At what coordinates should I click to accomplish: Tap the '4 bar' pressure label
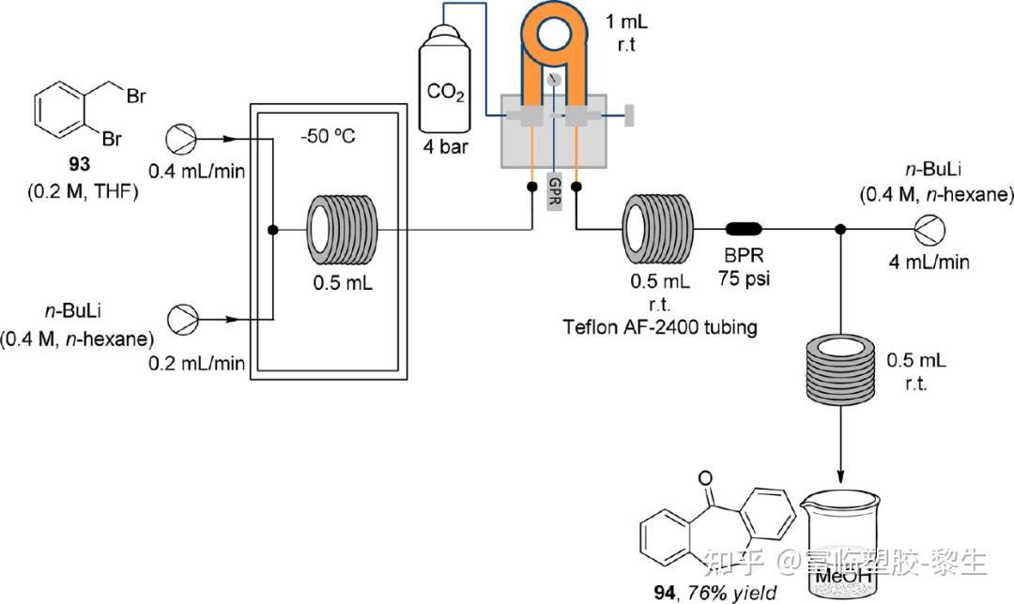(x=446, y=147)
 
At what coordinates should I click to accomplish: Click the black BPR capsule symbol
(x=744, y=229)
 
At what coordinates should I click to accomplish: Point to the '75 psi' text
(x=745, y=279)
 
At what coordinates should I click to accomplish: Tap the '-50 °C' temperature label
(x=328, y=137)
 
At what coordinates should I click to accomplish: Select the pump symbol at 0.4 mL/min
(x=182, y=139)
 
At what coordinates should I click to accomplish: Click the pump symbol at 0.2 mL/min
(x=183, y=319)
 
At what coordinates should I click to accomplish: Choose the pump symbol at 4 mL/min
(x=929, y=230)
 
